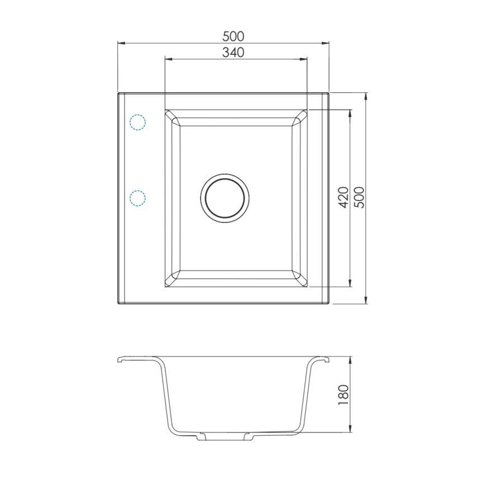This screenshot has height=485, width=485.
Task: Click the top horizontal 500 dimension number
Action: (234, 36)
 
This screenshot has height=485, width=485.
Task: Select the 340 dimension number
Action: (234, 53)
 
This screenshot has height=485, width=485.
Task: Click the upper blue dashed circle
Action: (137, 122)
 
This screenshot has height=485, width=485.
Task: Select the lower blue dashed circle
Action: (137, 198)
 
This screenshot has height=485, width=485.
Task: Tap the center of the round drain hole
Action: (225, 197)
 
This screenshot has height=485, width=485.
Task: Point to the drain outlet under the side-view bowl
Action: (225, 436)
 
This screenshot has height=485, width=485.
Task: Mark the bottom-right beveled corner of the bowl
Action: (301, 279)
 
